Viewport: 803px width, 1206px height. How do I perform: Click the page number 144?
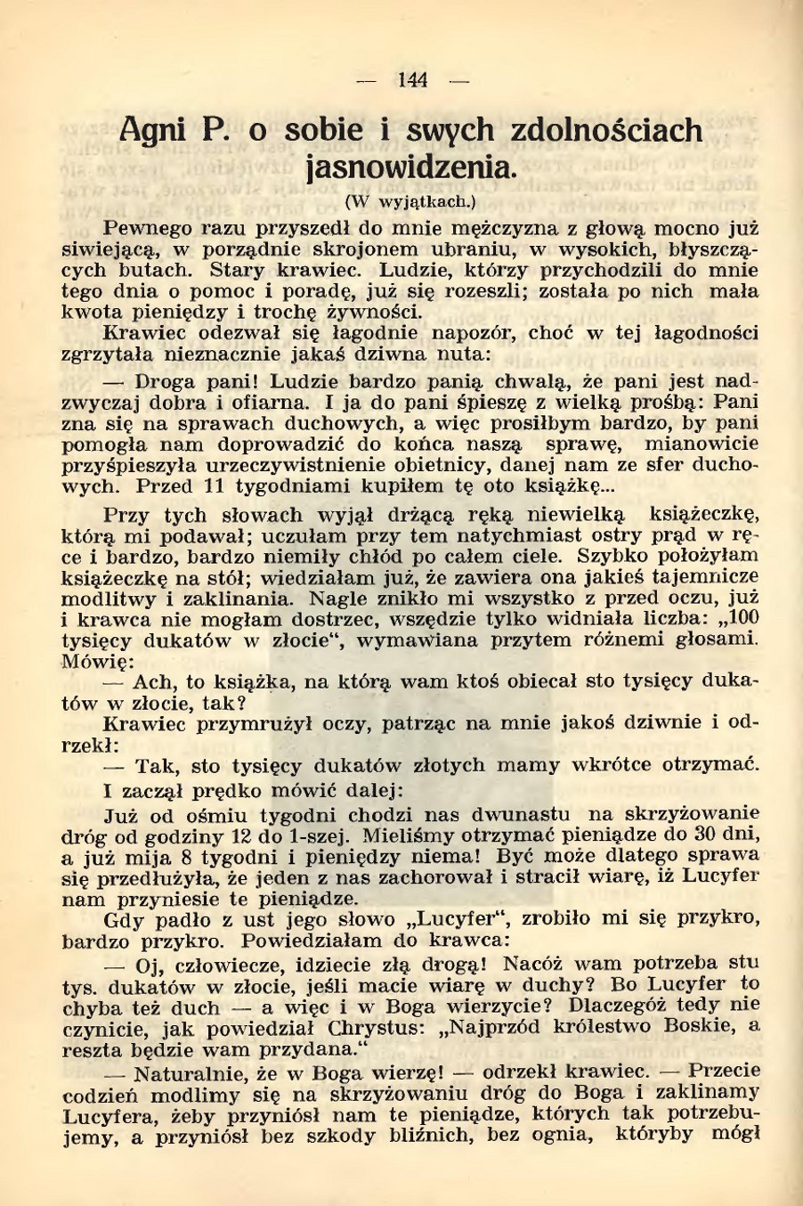pyautogui.click(x=412, y=80)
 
